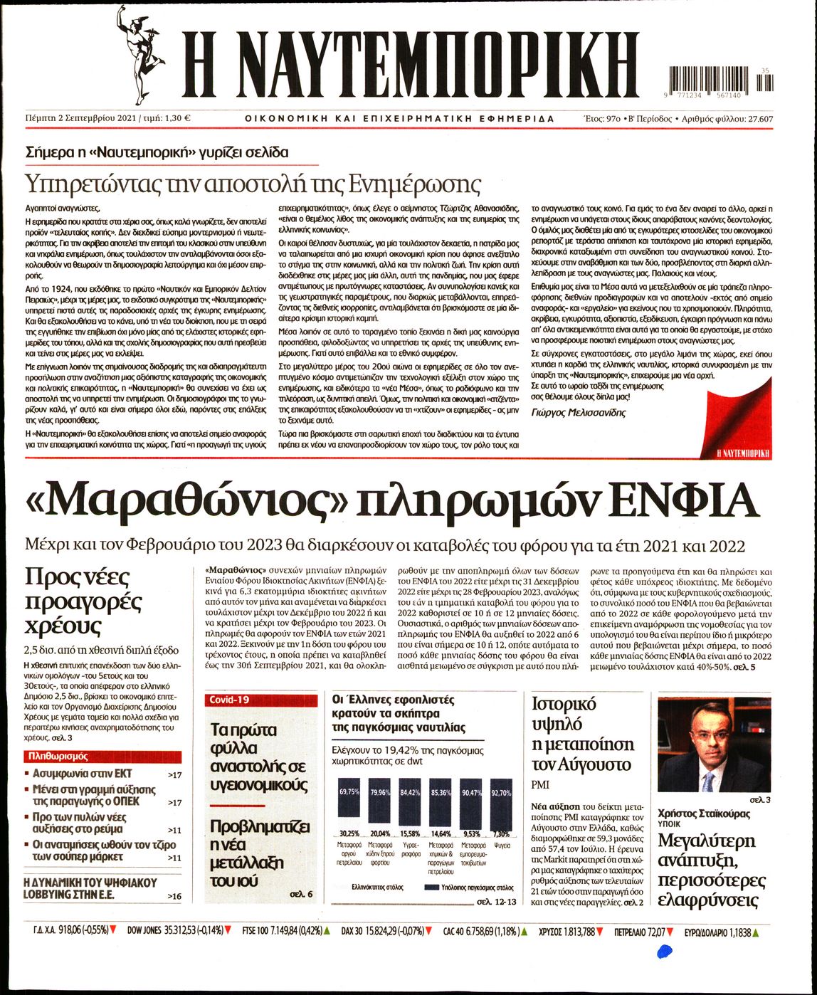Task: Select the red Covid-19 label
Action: (228, 700)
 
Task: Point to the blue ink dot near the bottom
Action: (665, 949)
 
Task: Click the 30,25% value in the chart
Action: (349, 833)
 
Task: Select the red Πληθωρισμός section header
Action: (57, 757)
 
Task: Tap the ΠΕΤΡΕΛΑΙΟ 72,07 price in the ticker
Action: (640, 930)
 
